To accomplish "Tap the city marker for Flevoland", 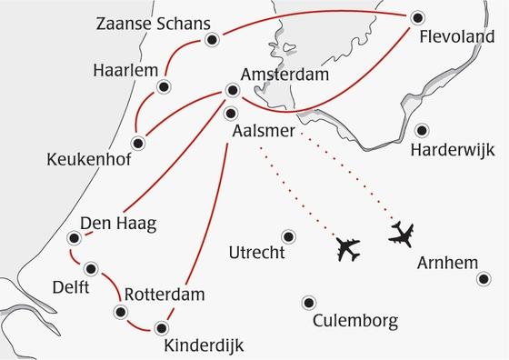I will (x=417, y=16).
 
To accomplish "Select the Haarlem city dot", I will (x=164, y=87).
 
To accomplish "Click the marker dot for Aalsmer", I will (x=231, y=114).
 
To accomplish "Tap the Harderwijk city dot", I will (x=423, y=128).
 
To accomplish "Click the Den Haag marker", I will (x=73, y=239).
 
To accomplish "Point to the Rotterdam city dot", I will (x=120, y=312).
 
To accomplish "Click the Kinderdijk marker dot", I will (x=162, y=327).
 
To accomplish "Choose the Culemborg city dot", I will (x=310, y=303).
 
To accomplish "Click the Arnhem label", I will (x=447, y=264).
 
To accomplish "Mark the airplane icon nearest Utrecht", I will (x=348, y=247).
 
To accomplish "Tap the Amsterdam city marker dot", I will (x=232, y=90).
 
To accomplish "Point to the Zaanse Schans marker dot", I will (x=212, y=39).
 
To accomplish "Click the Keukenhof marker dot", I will (x=139, y=143).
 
